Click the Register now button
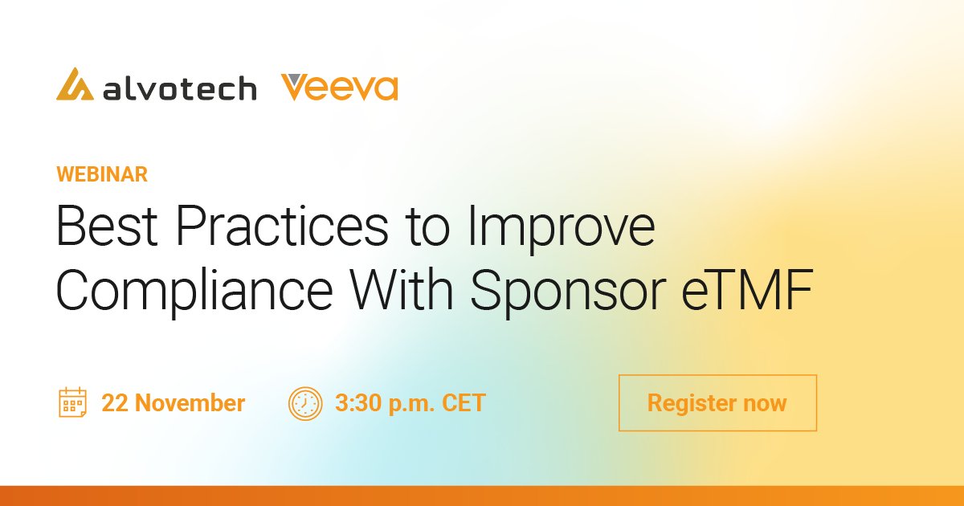[x=717, y=402]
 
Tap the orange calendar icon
[x=72, y=402]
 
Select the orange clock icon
[x=304, y=402]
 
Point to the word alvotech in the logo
[x=179, y=88]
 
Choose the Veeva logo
[x=340, y=87]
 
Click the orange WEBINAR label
[x=101, y=174]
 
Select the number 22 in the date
[x=115, y=402]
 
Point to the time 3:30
[x=357, y=402]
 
